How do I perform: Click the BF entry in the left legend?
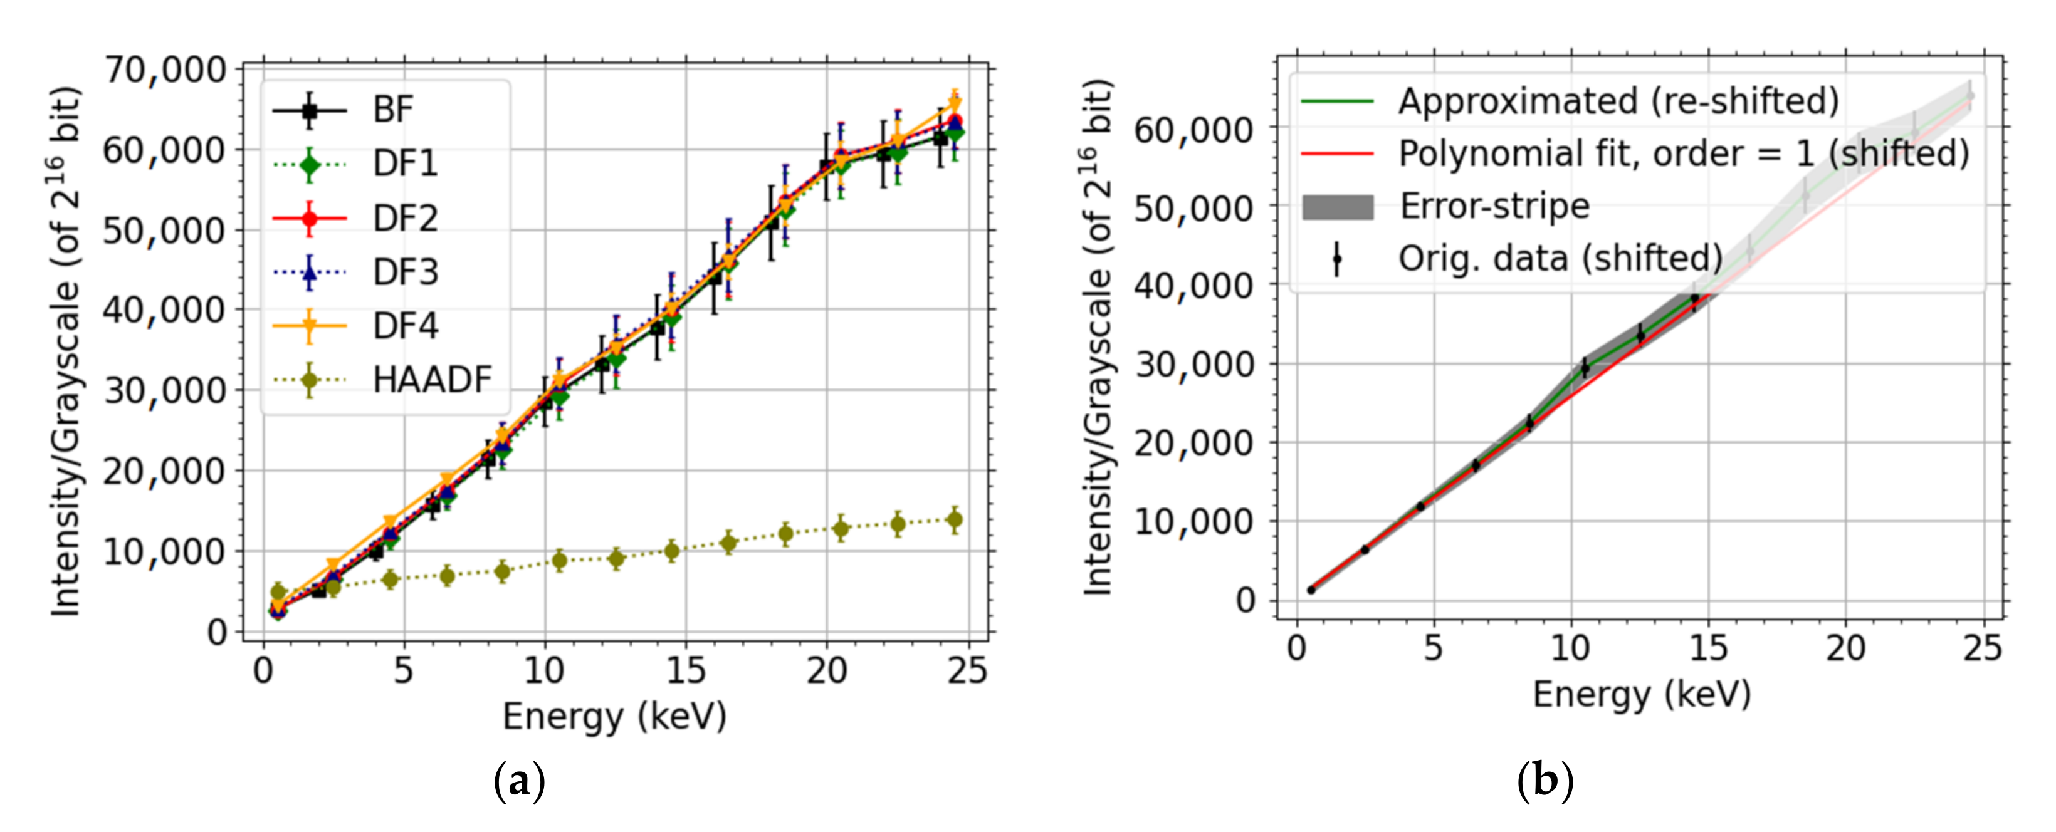[392, 110]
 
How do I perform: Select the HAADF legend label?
[432, 380]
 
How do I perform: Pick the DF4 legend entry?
[406, 325]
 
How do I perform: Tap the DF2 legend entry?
[406, 218]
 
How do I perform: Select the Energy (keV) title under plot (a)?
[614, 715]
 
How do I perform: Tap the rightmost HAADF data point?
[954, 520]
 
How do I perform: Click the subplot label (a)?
[520, 781]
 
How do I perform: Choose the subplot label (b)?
[1545, 781]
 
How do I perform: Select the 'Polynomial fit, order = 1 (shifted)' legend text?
[1683, 153]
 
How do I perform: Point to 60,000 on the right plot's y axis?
[1194, 129]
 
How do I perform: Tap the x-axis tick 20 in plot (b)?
[1845, 648]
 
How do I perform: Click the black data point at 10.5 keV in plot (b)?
[1585, 368]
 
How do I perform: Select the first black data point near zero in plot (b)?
[1311, 590]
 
